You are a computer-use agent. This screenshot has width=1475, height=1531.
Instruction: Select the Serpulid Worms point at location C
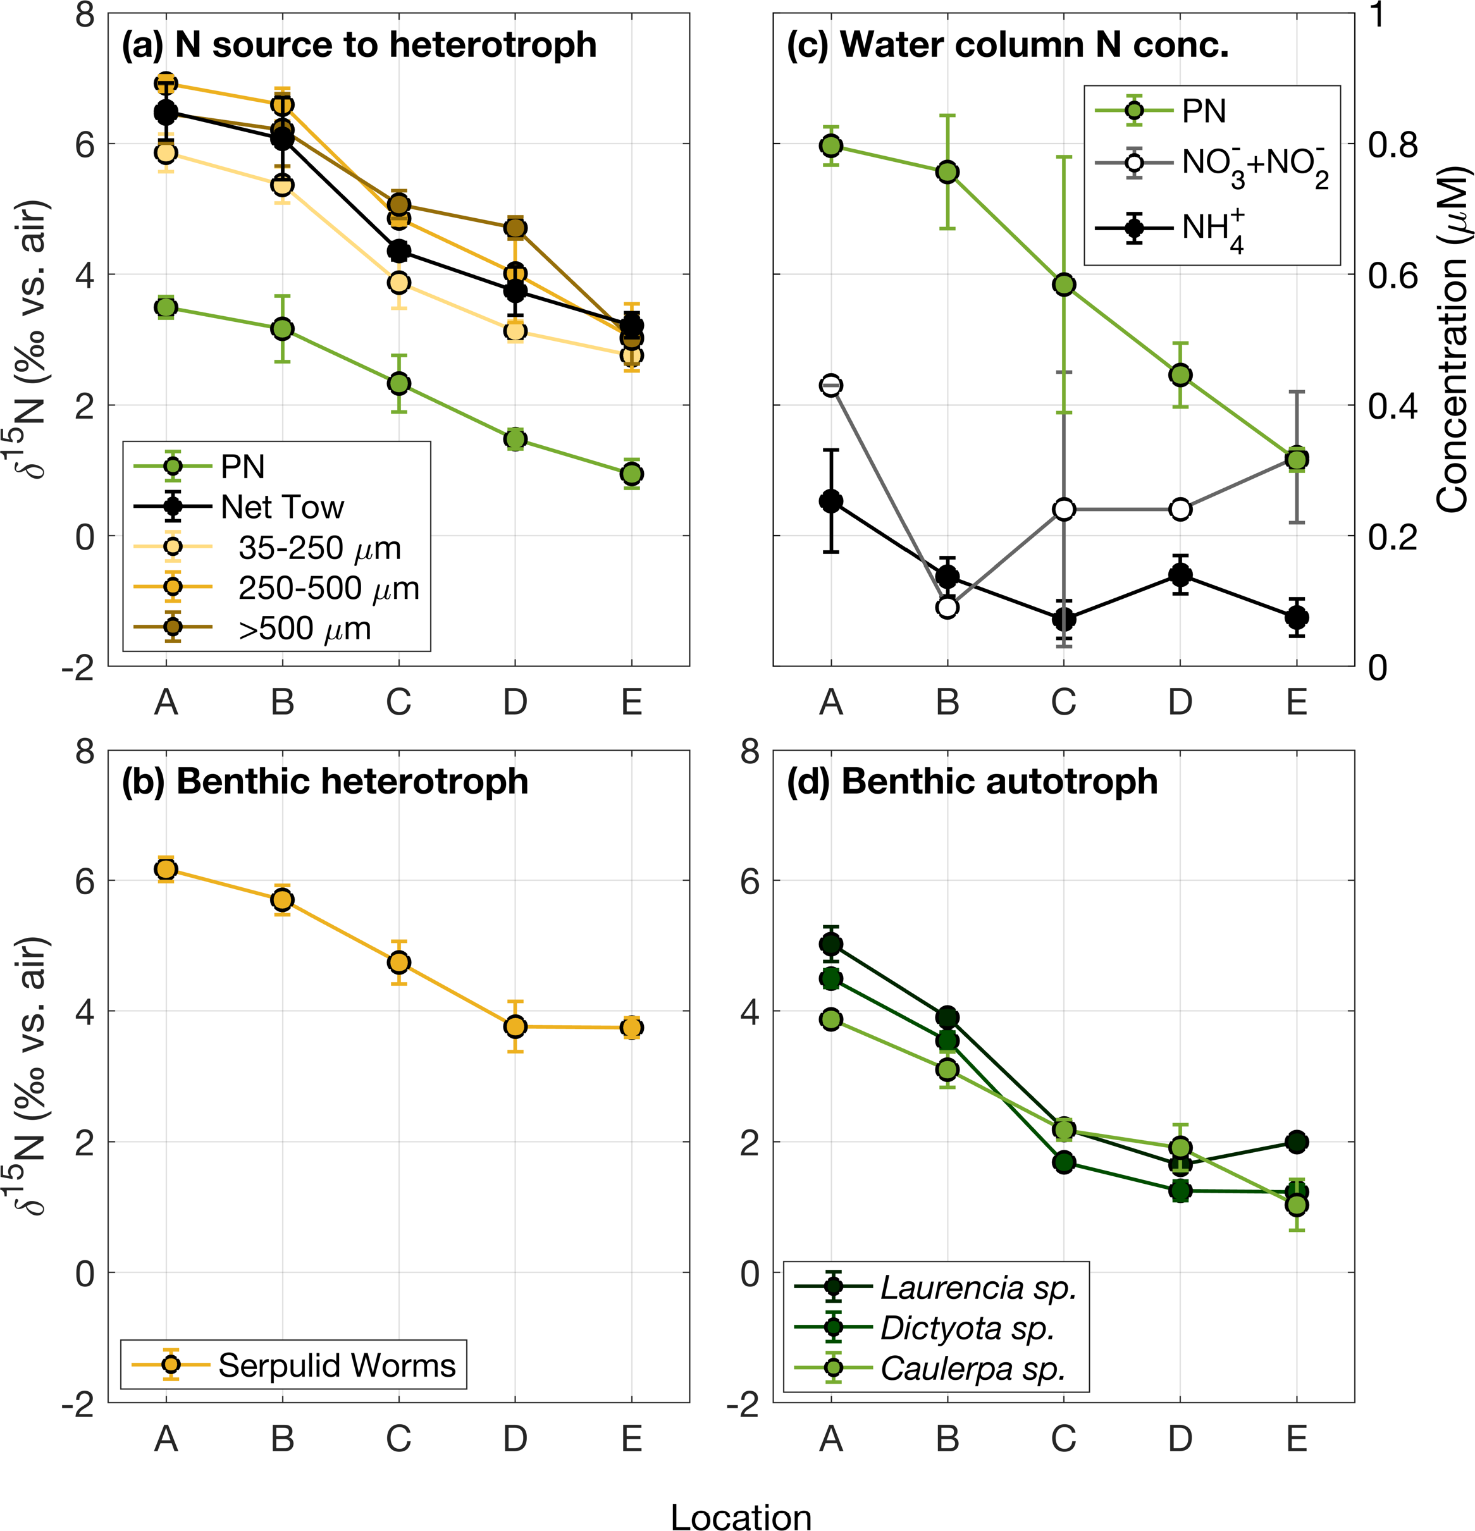[398, 962]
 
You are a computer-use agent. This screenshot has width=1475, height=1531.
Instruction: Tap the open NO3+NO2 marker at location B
[947, 607]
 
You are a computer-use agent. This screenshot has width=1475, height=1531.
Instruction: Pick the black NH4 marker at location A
[830, 501]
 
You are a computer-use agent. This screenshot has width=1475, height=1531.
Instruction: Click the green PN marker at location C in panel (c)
[1063, 285]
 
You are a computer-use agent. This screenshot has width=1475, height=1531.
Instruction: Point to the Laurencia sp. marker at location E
[1296, 1141]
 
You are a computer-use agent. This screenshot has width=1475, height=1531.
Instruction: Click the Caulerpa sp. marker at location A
[830, 1019]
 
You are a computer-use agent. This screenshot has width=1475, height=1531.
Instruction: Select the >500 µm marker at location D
[514, 228]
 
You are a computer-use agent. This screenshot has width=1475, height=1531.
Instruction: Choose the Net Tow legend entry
[281, 507]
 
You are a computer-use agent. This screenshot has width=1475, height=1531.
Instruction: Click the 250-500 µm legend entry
[328, 588]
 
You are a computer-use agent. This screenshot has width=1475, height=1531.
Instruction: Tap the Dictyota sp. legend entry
[967, 1328]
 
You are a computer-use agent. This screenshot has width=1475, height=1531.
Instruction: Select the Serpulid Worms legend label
[336, 1365]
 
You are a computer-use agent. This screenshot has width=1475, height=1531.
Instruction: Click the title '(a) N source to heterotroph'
[359, 44]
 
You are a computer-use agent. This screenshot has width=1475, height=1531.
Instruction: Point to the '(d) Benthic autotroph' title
[971, 781]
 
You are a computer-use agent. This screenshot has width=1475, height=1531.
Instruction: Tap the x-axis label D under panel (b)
[514, 1438]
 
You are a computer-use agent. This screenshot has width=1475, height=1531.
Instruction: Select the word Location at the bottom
[741, 1515]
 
